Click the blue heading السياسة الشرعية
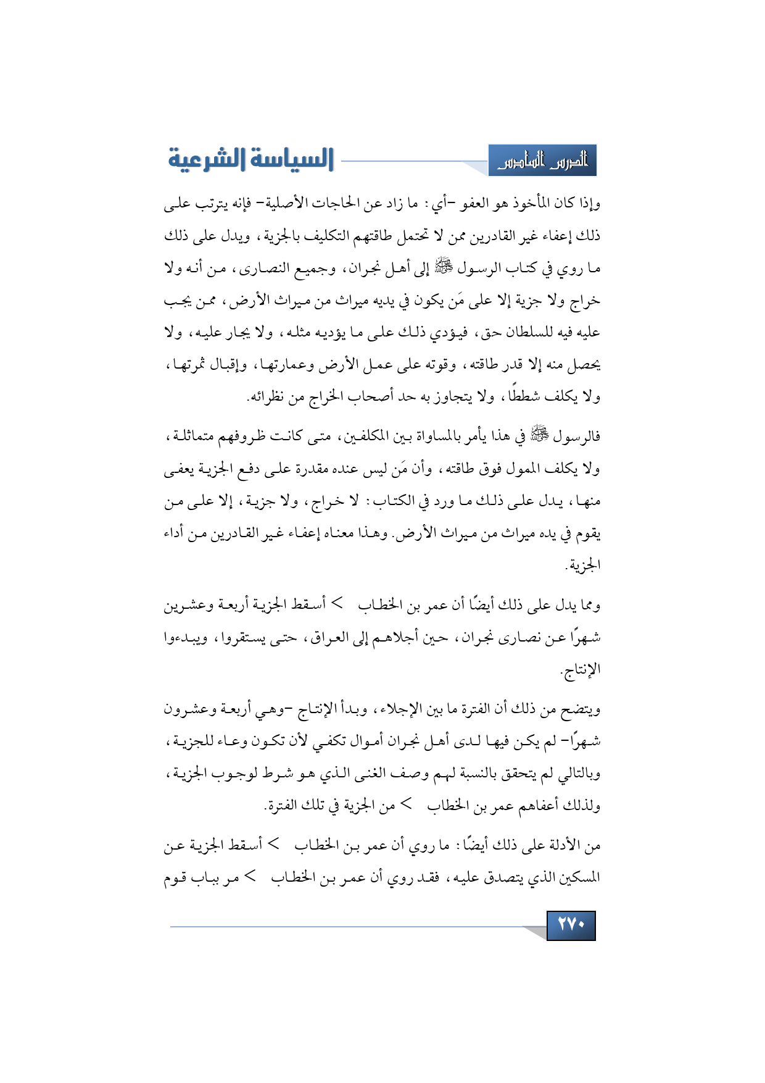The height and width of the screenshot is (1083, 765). (x=251, y=159)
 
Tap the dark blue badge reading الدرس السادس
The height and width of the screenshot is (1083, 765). (x=543, y=161)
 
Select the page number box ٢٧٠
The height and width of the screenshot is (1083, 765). (x=571, y=925)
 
